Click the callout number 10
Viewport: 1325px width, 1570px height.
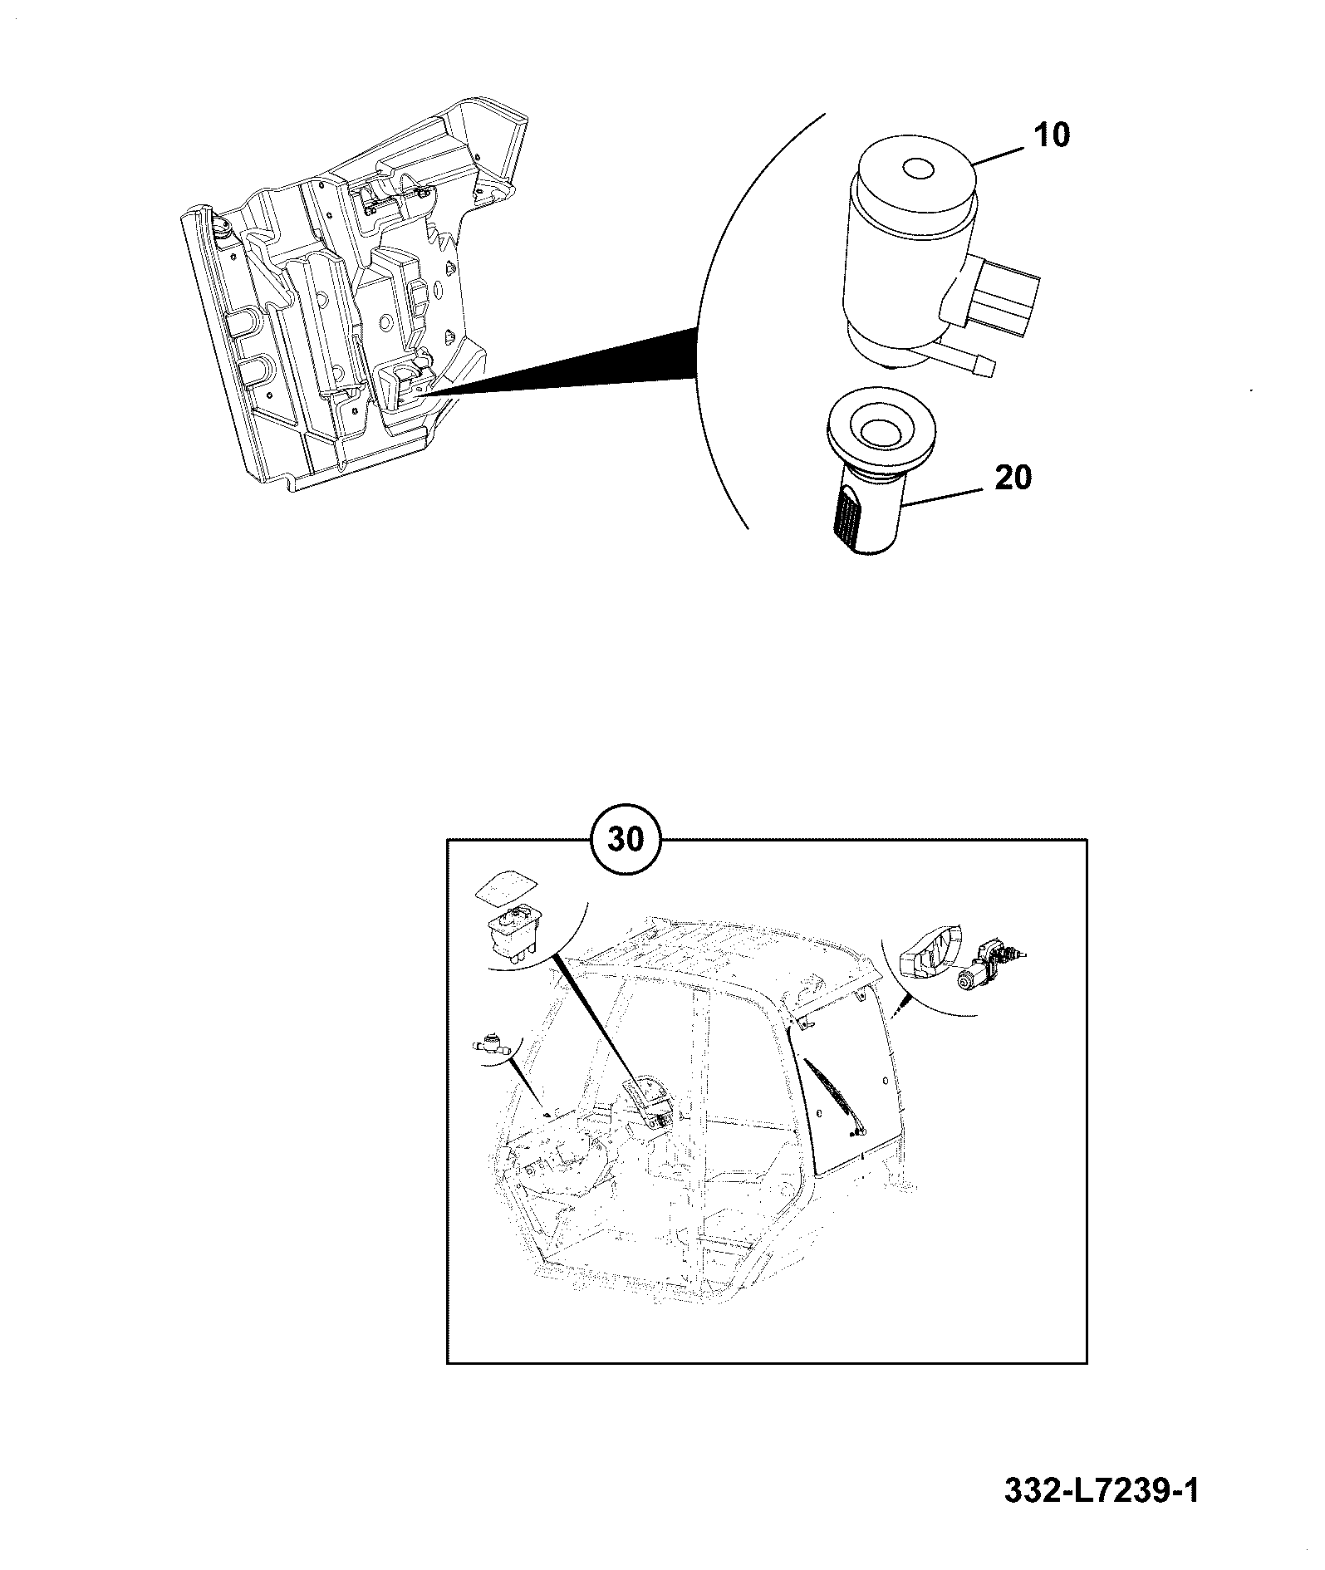coord(1051,135)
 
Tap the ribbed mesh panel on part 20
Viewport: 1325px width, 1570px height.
coord(847,516)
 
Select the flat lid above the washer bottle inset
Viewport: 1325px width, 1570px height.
coord(502,888)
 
